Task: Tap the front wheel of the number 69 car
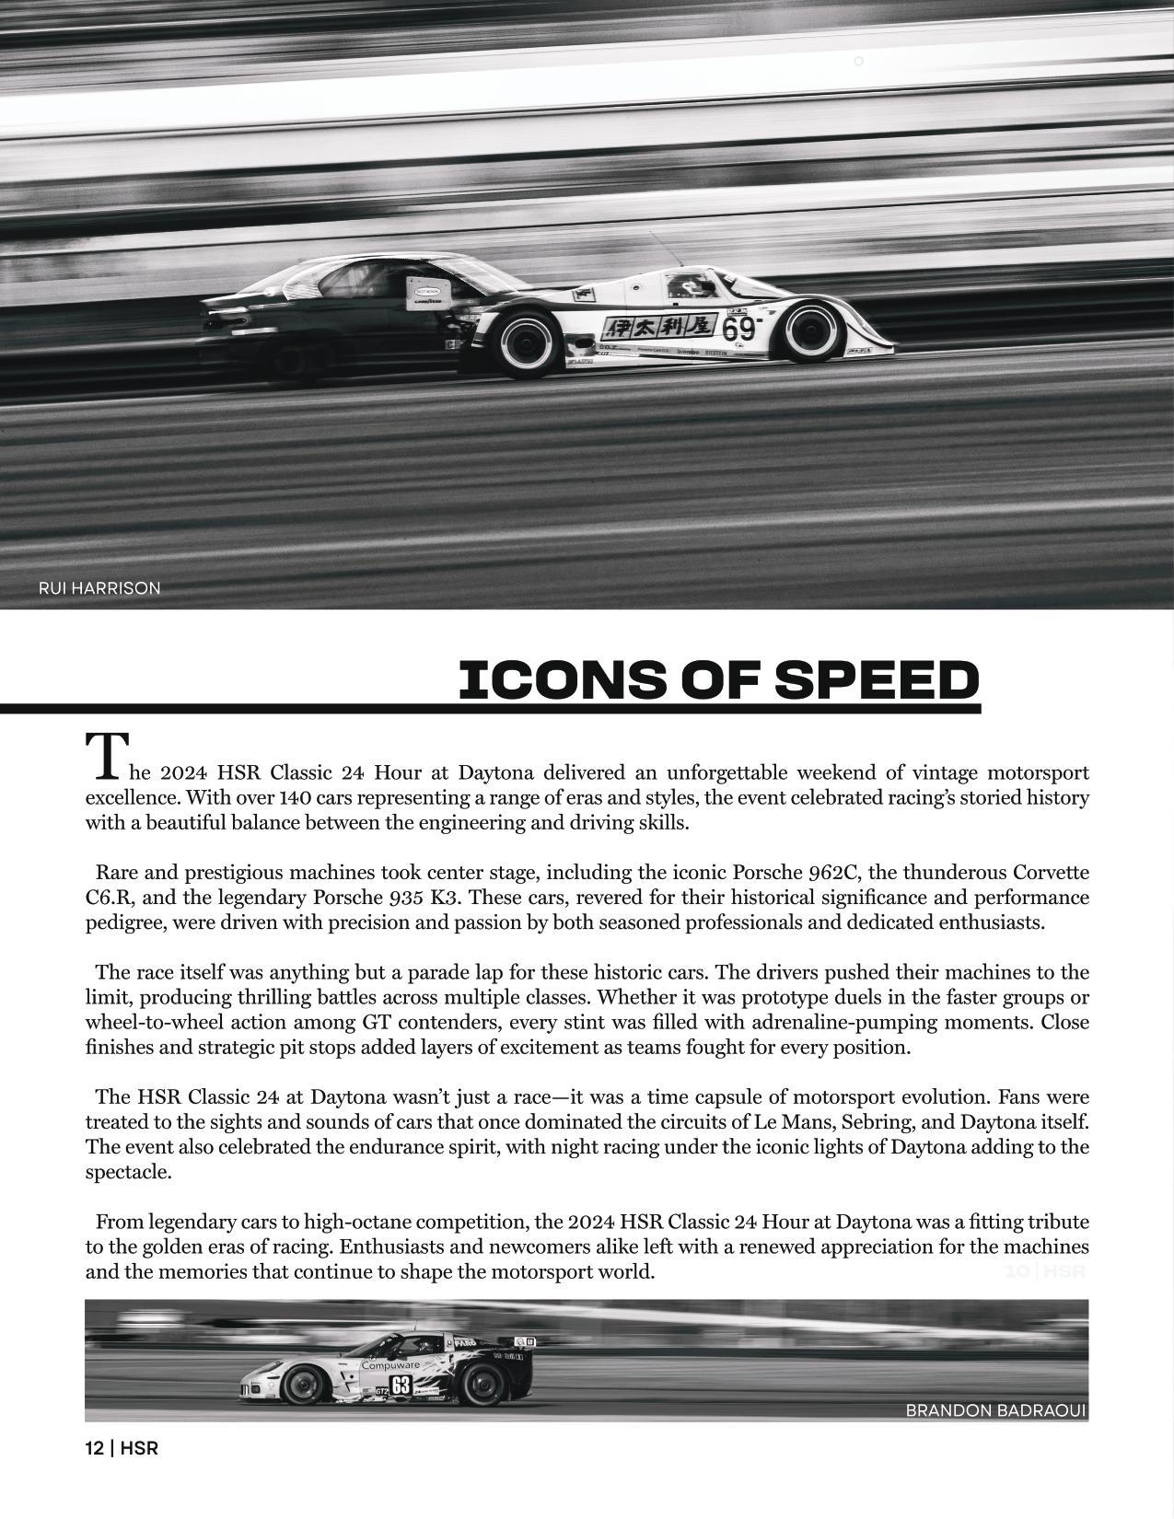(x=811, y=331)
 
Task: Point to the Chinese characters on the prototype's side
(x=659, y=327)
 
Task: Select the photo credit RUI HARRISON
(x=99, y=588)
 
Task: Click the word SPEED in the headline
(x=876, y=680)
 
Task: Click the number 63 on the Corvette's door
(x=401, y=1385)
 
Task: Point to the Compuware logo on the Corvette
(x=389, y=1365)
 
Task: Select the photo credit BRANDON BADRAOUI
(x=995, y=1410)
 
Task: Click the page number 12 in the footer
(x=94, y=1448)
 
